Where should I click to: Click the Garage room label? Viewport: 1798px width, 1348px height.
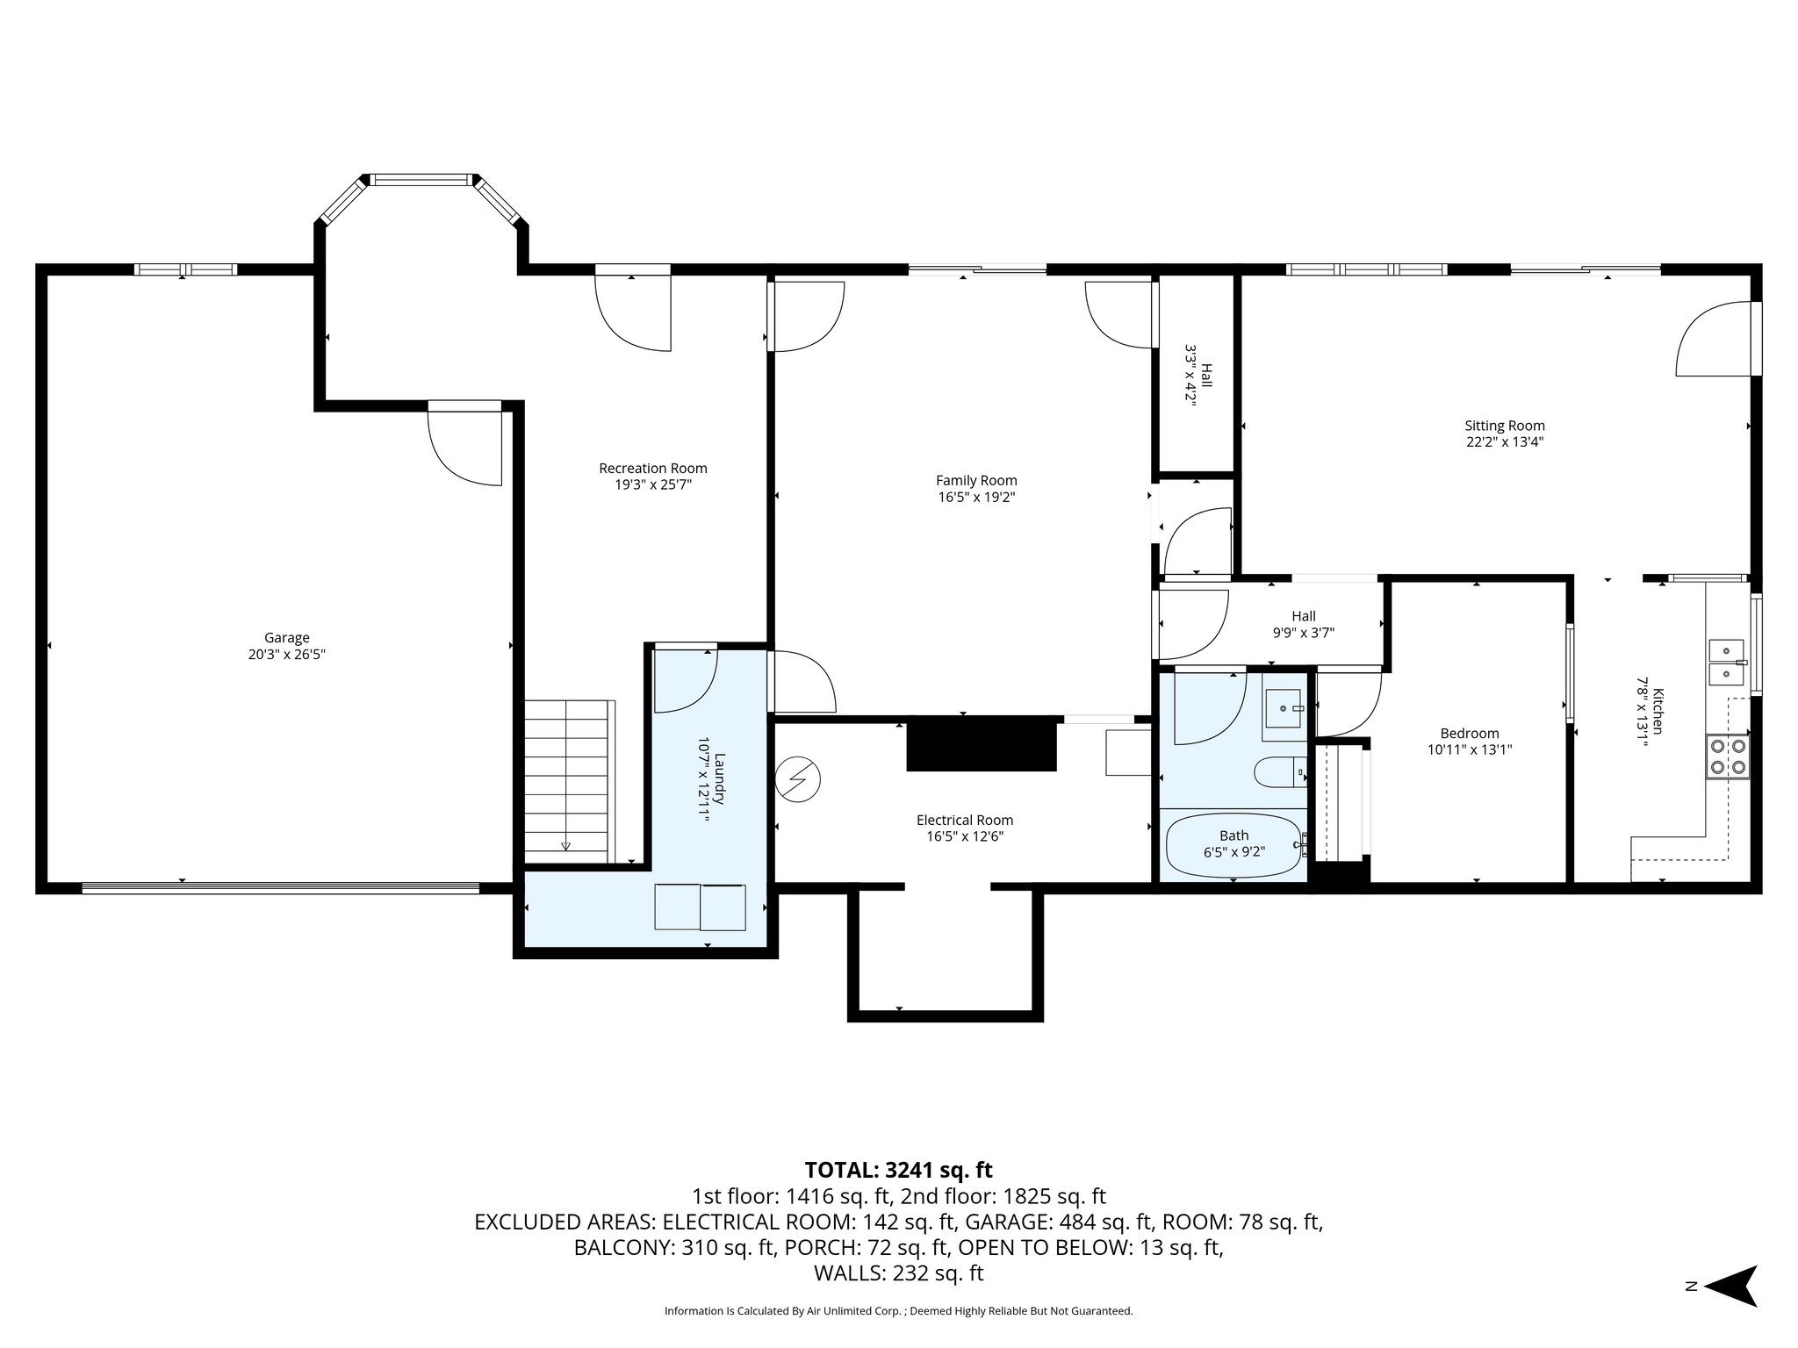click(287, 638)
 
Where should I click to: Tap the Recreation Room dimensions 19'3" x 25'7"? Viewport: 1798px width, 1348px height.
click(653, 484)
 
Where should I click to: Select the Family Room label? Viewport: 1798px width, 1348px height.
click(976, 480)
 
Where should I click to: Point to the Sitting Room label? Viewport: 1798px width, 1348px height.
click(1505, 426)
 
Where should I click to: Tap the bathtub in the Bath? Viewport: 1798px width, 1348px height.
click(1233, 845)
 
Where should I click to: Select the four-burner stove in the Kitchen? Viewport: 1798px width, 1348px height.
click(1727, 756)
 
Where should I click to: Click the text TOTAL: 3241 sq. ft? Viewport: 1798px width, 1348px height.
click(898, 1170)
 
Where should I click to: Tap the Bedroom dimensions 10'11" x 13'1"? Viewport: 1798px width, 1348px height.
click(1470, 749)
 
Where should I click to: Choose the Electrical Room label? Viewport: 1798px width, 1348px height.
click(964, 820)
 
